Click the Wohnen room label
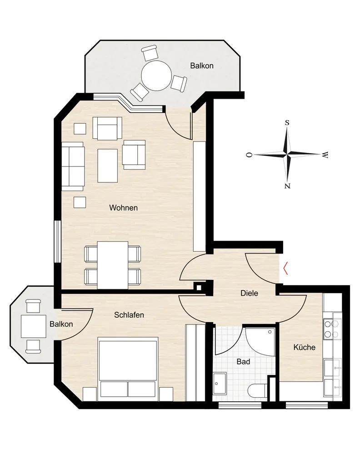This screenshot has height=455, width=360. (x=123, y=208)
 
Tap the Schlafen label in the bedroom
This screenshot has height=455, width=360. (x=129, y=315)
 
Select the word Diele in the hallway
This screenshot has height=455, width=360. (x=249, y=293)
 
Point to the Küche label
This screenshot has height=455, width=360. (x=305, y=347)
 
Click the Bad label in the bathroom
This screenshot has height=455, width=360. (x=243, y=362)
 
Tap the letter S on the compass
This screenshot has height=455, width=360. (x=287, y=123)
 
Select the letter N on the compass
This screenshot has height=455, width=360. (x=287, y=186)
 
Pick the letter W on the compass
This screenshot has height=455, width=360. (x=325, y=155)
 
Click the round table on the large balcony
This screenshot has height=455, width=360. (x=156, y=76)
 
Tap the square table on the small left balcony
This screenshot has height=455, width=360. (x=34, y=326)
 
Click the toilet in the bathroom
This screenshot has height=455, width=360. (x=258, y=390)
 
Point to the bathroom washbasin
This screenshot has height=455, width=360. (x=220, y=383)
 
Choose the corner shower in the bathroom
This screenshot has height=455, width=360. (x=260, y=342)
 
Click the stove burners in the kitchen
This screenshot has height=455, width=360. (x=332, y=329)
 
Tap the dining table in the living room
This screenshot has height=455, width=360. (x=112, y=265)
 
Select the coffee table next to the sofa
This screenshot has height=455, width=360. (x=108, y=166)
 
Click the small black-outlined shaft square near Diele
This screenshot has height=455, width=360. (x=199, y=288)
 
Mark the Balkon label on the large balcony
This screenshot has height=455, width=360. (x=202, y=66)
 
